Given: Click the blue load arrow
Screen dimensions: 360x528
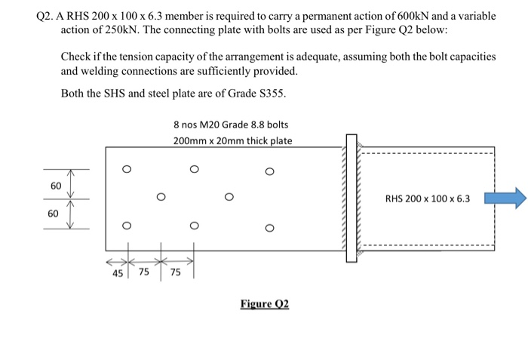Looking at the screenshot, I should coord(504,199).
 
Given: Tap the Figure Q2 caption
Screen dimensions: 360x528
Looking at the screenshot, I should coord(265,304).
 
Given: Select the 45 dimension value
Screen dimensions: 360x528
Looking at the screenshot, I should coord(118,274).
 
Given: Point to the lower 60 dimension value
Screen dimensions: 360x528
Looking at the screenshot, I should coord(53,214).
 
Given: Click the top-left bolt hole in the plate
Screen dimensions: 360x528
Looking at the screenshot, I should coord(127,170).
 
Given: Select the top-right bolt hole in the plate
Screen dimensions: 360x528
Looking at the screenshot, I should coord(269,171).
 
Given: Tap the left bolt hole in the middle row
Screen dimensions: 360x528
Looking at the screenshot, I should coord(161,198).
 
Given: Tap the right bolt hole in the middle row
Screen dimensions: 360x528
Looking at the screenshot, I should coord(229,198).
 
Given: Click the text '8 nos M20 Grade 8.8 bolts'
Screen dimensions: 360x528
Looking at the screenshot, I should coord(230,125).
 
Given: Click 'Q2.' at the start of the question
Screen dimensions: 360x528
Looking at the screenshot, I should coord(47,16).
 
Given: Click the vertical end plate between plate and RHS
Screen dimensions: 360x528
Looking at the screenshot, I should coord(350,198).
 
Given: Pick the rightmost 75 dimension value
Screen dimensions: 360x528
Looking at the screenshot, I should coord(176,274).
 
